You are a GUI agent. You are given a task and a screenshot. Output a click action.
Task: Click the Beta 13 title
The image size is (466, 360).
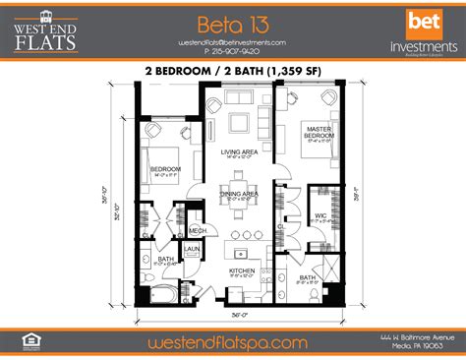point(232,23)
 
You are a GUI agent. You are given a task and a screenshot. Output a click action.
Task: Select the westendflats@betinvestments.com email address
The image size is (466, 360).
point(232,42)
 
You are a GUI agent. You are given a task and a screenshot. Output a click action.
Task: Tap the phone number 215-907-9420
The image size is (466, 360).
point(232,52)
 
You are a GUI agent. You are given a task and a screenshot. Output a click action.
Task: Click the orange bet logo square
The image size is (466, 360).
point(424,20)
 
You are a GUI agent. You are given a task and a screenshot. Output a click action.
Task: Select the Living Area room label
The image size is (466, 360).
point(238,152)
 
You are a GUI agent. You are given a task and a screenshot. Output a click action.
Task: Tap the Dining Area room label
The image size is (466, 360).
point(238,194)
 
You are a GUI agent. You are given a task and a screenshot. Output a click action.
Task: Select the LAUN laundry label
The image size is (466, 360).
point(192,250)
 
